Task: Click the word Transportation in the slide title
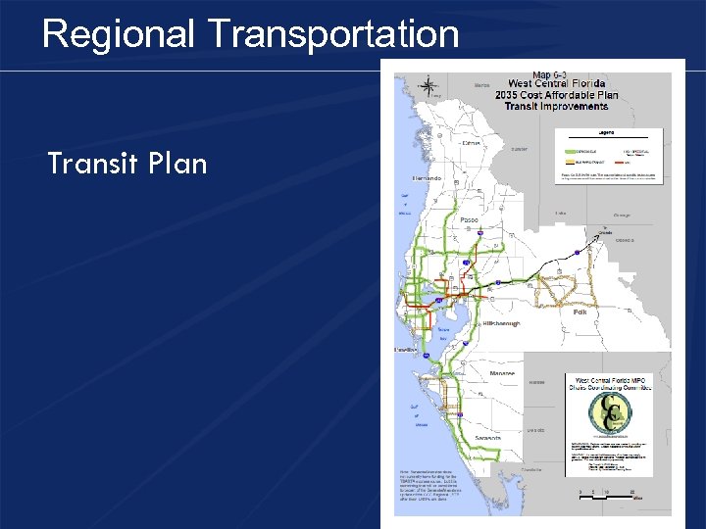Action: [x=333, y=34]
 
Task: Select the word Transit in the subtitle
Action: [x=94, y=164]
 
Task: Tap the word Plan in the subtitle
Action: [x=177, y=164]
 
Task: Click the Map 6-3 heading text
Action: [x=548, y=74]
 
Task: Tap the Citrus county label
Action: [x=472, y=143]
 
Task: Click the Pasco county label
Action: [x=468, y=220]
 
